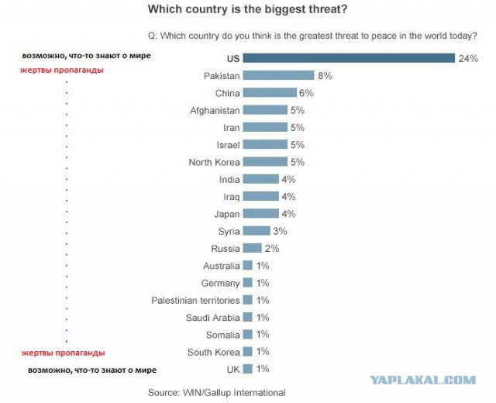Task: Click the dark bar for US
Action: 349,58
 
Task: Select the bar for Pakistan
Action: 278,75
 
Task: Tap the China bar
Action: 270,93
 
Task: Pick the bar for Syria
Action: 257,231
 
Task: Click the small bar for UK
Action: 248,369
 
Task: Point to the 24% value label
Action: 468,59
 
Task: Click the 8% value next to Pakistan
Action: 325,76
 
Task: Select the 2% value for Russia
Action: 272,248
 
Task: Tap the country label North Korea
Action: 214,162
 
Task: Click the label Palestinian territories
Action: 195,300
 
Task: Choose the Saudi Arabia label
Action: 212,318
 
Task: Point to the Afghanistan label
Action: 215,110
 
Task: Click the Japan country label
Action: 227,214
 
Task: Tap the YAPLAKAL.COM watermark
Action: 422,380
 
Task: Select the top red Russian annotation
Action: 62,71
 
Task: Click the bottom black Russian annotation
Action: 92,370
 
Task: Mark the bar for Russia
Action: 252,248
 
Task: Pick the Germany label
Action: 220,283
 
